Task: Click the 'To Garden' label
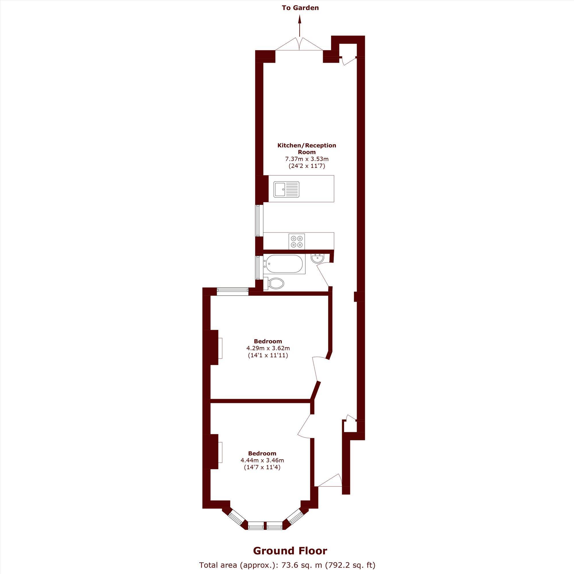300,8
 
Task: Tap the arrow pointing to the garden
300,26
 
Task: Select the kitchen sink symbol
287,189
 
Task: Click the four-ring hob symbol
297,241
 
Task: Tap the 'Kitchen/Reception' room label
307,146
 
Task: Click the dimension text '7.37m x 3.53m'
307,159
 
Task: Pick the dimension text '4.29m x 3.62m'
268,348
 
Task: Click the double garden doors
300,44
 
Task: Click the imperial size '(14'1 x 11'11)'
268,355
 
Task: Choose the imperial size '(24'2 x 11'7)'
307,166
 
